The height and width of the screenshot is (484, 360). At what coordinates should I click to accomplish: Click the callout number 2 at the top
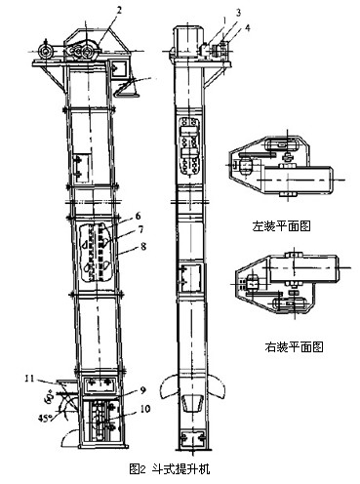[117, 10]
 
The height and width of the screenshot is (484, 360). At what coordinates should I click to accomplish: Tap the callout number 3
[211, 12]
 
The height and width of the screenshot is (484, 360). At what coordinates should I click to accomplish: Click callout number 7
[140, 230]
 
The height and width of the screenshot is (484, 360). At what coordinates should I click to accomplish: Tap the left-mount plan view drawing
[281, 175]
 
